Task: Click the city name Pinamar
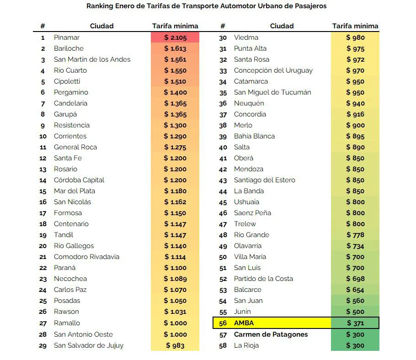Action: pos(67,37)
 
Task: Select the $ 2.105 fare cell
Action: pos(175,37)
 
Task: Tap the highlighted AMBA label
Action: pos(244,323)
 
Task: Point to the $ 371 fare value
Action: pos(355,323)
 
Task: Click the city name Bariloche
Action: pos(69,48)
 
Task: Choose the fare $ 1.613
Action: pos(175,48)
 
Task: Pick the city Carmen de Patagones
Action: pos(271,334)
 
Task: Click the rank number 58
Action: pos(223,345)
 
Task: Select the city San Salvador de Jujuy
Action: pos(89,345)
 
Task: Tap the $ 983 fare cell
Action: pos(175,345)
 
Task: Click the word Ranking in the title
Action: pos(101,6)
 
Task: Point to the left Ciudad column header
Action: pos(102,26)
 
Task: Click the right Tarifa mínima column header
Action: pos(355,26)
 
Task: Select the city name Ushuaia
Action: pos(246,202)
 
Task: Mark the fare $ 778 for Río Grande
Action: pos(355,235)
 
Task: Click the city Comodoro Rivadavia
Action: pos(86,257)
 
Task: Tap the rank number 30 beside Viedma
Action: pos(223,37)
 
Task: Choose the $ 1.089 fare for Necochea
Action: pos(175,279)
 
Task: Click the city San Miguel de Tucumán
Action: pos(272,92)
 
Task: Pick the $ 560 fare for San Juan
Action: pos(355,301)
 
